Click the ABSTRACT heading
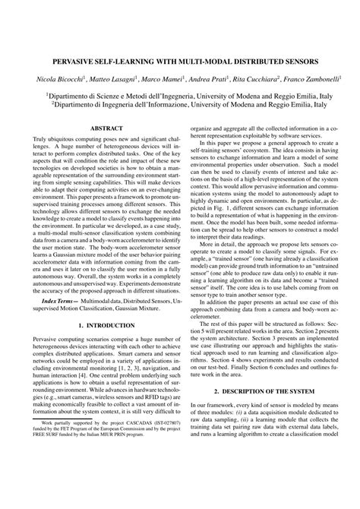point(100,129)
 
